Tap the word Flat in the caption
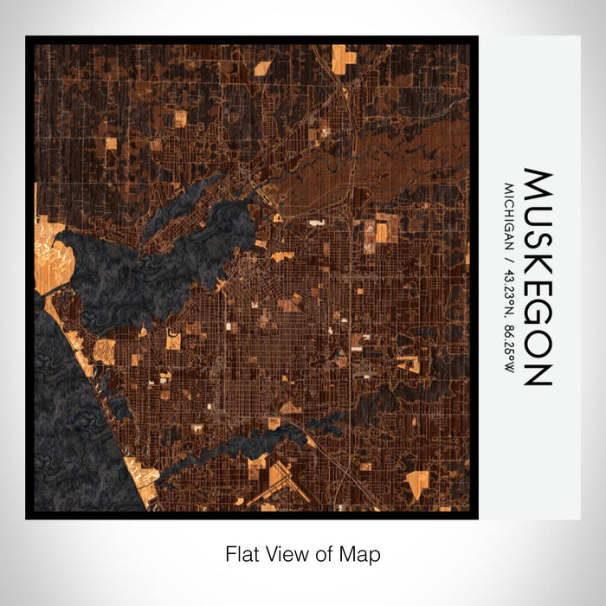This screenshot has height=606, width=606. pos(242,553)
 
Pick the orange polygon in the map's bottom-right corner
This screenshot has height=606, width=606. pos(416,485)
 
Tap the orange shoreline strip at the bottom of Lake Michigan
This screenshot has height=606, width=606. pos(143,480)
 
